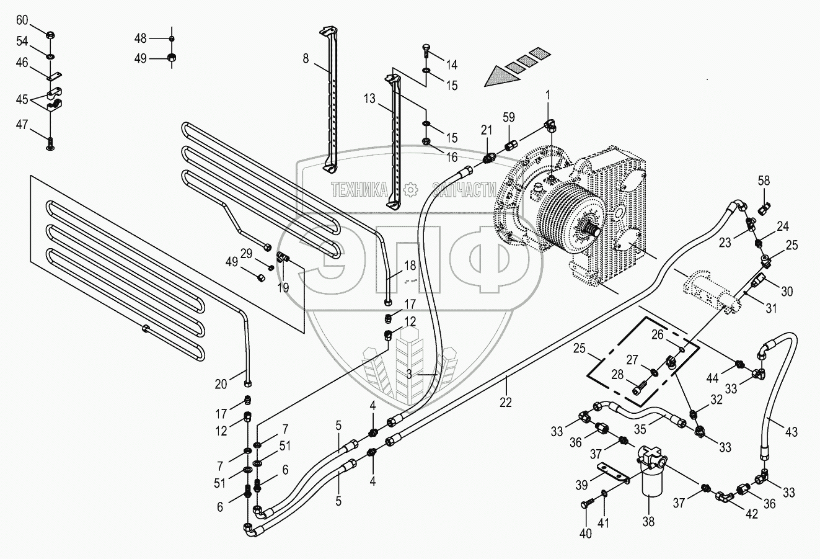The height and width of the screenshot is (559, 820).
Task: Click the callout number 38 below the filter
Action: (648, 522)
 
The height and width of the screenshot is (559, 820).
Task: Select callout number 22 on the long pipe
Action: (506, 401)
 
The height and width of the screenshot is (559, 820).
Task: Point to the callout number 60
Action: (22, 20)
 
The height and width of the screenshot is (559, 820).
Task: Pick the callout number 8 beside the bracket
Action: (305, 59)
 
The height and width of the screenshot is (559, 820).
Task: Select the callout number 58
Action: (764, 181)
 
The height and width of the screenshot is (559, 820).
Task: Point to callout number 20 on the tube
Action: (221, 384)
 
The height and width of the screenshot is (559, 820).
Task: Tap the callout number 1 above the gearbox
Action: (548, 94)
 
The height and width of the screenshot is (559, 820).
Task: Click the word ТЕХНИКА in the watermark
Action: (359, 190)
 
